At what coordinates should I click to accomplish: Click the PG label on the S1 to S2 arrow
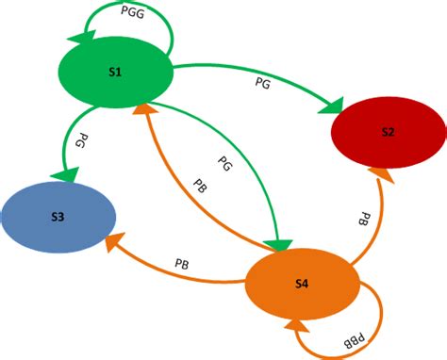pos(265,84)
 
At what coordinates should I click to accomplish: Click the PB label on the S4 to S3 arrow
pos(184,261)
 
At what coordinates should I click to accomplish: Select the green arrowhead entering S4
pos(275,246)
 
